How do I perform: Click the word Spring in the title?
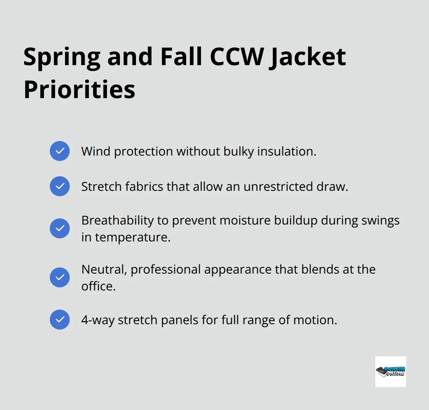[61, 57]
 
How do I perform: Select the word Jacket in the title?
[309, 57]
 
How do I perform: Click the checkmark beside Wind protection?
[60, 151]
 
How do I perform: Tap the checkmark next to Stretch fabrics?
[60, 186]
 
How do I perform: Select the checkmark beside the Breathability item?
[60, 228]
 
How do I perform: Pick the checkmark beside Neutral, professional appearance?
[60, 277]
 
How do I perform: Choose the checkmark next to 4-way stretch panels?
[60, 320]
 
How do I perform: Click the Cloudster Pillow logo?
[390, 371]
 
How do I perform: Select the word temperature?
[133, 238]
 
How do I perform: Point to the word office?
[98, 286]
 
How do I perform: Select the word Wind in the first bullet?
[95, 151]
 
